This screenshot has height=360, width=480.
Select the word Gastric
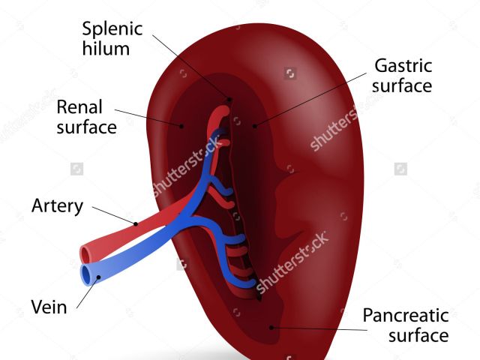(402, 66)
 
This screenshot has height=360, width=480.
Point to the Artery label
(57, 205)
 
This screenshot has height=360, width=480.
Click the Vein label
(49, 306)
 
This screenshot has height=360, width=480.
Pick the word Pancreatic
(406, 315)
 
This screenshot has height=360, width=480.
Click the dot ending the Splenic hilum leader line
(231, 100)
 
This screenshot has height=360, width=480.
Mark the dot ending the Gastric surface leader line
(255, 126)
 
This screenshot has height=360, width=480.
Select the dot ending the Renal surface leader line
(182, 127)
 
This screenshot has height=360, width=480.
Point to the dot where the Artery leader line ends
(136, 223)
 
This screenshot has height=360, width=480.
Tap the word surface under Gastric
(402, 86)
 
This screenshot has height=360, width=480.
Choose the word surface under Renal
(86, 127)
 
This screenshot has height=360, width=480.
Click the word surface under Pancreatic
(418, 335)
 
